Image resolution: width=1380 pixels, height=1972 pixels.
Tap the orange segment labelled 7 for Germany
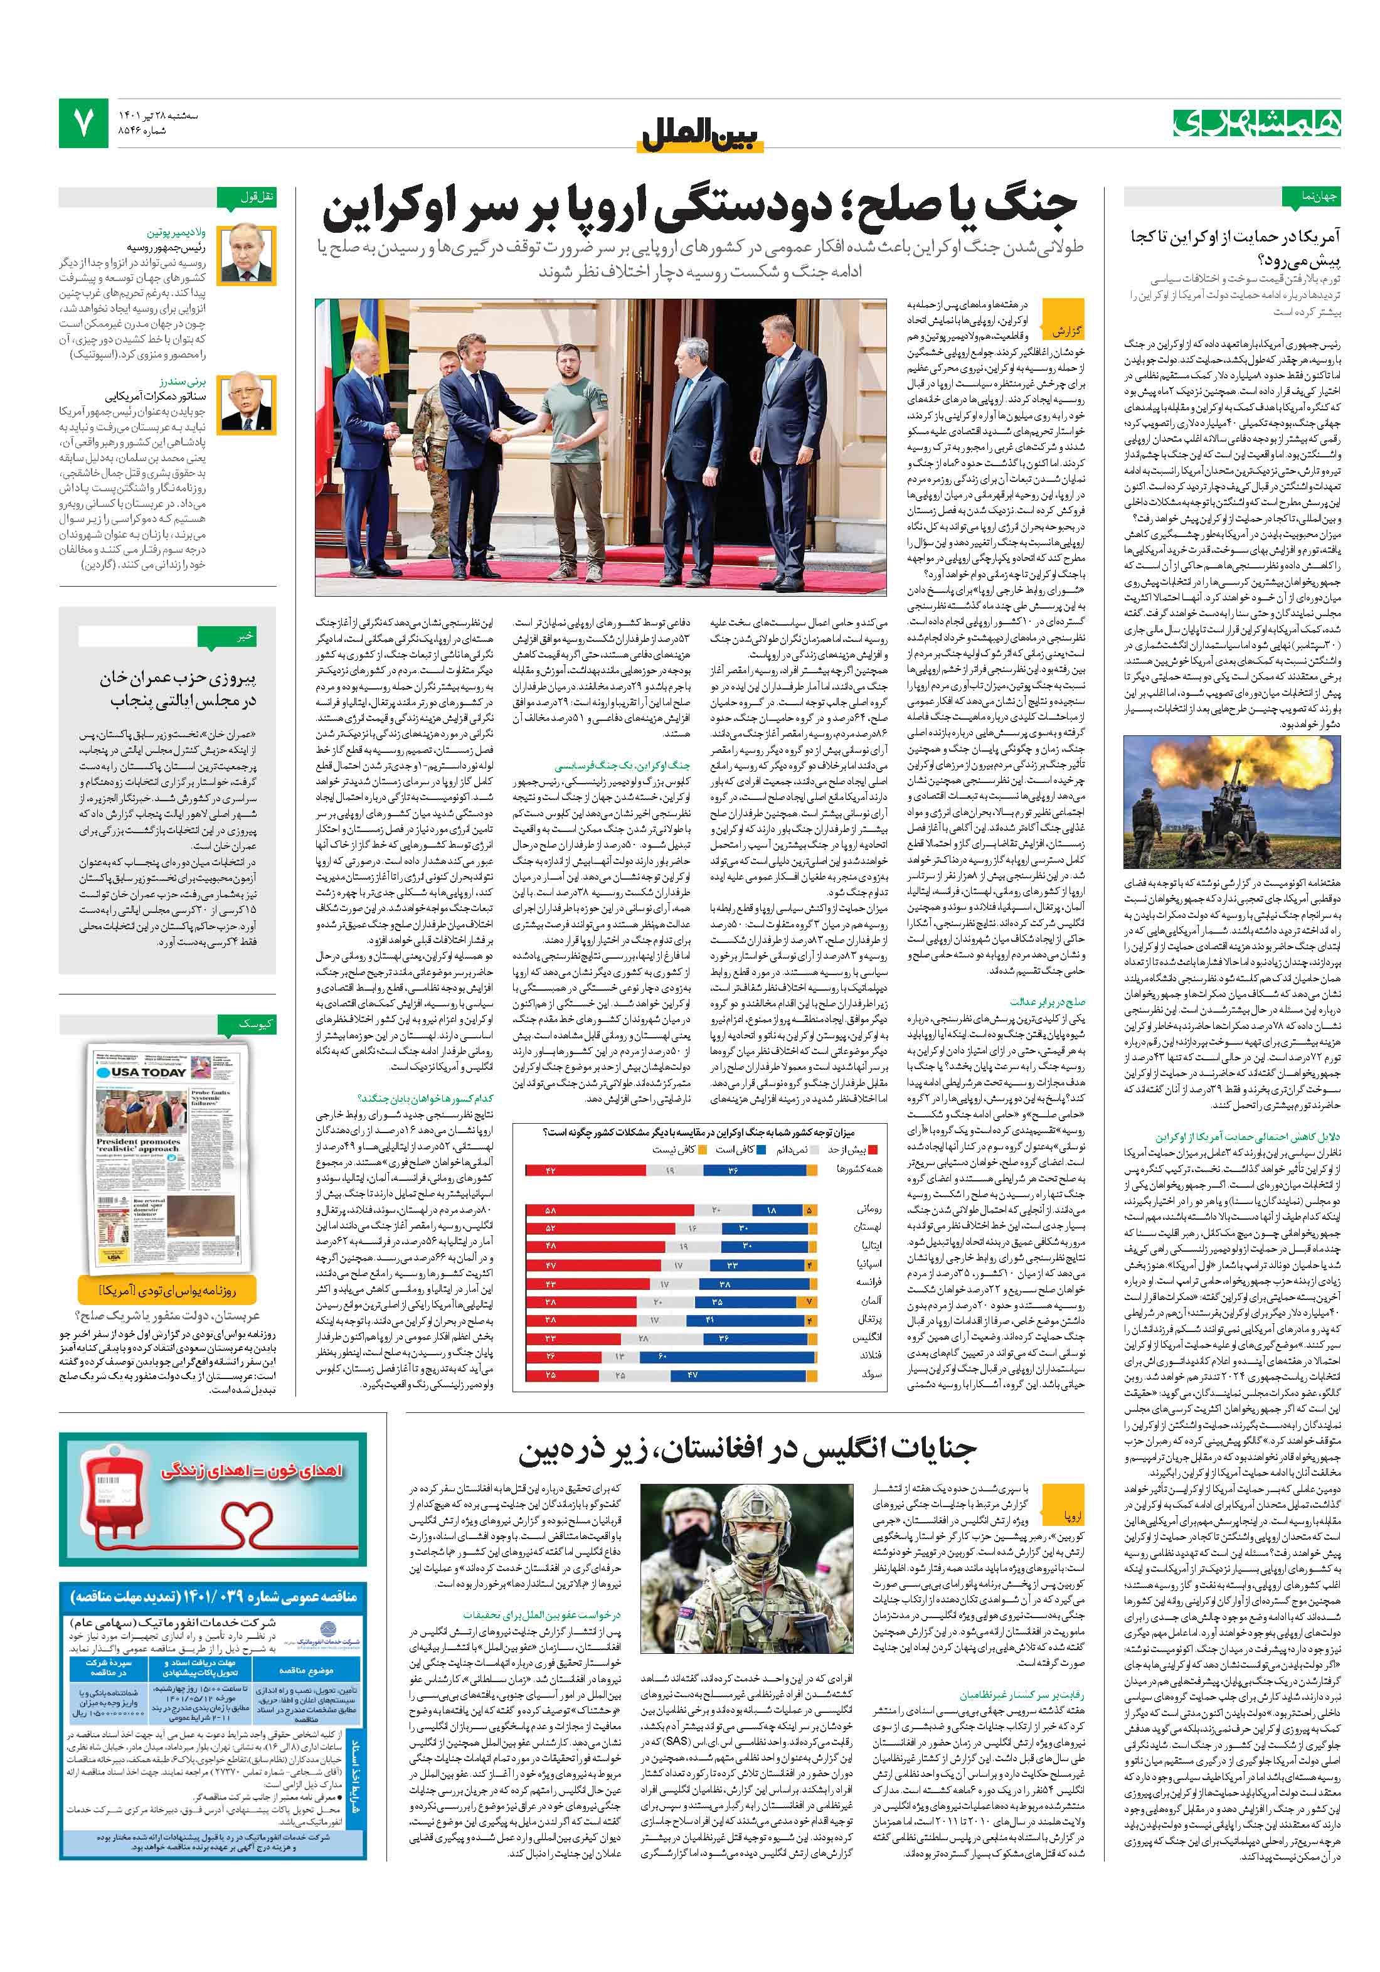coord(807,1302)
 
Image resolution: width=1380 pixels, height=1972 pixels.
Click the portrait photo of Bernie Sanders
coord(247,401)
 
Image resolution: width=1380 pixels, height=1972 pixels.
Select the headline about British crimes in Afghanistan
coord(746,1451)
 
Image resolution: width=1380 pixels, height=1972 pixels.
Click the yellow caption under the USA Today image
coord(167,1290)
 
